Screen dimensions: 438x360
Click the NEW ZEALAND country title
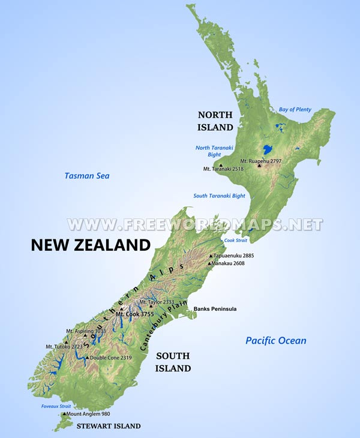(x=91, y=245)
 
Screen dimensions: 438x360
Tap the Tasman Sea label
(x=87, y=176)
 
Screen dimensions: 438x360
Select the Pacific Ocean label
(x=276, y=341)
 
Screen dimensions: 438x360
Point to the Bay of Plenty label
(x=295, y=109)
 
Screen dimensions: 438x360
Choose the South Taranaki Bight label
(x=219, y=196)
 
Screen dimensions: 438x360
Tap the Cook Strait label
(x=235, y=240)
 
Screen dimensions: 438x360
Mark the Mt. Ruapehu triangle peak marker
(x=259, y=165)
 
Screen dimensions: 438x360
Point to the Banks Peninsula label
(x=215, y=309)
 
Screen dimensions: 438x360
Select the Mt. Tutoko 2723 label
(x=64, y=346)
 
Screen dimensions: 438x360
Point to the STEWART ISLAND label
(x=108, y=426)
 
